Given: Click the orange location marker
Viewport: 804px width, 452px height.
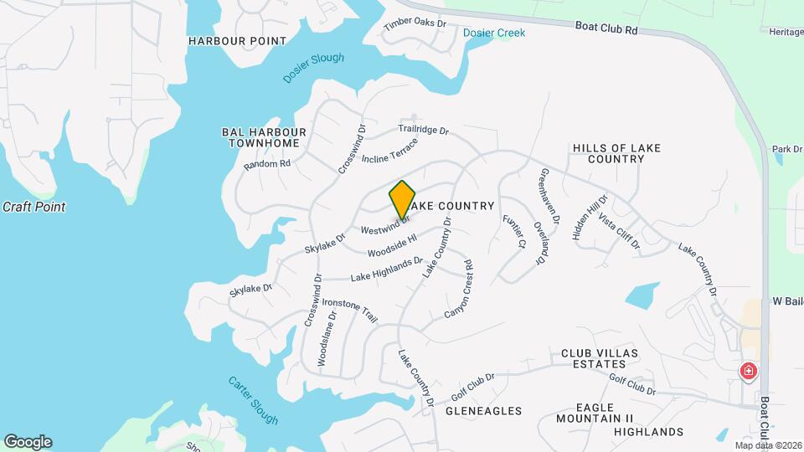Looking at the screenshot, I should [x=402, y=199].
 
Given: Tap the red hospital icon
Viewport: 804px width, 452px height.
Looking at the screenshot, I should [x=748, y=371].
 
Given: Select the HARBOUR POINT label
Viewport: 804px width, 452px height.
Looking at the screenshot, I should [x=237, y=41].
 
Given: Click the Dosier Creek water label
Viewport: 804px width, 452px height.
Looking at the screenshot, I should [x=494, y=33].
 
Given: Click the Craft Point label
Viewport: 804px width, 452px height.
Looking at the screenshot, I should [x=33, y=207].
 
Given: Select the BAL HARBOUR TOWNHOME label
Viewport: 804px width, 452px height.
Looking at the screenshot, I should [x=264, y=138].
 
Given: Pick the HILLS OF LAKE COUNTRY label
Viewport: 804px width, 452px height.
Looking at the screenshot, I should [x=616, y=153].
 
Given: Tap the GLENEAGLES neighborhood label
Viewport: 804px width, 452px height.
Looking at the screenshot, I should [x=483, y=411].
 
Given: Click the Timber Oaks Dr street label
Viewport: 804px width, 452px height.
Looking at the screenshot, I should [x=415, y=23].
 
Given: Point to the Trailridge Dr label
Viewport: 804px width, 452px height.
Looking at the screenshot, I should [x=424, y=131].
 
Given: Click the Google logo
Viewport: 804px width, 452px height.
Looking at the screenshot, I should [x=28, y=442].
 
